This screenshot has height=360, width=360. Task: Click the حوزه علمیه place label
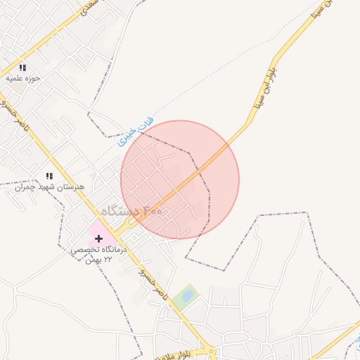click(23, 78)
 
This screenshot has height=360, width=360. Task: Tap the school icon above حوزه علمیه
click(22, 67)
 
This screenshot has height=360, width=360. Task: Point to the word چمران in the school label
click(25, 187)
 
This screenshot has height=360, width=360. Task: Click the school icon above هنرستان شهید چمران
click(49, 176)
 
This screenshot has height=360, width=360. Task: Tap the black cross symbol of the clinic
click(98, 238)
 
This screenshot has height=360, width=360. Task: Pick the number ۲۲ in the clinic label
click(108, 259)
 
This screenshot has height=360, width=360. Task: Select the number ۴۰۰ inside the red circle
click(152, 210)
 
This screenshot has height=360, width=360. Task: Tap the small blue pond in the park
click(187, 296)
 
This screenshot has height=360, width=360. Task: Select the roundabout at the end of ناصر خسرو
click(208, 351)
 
